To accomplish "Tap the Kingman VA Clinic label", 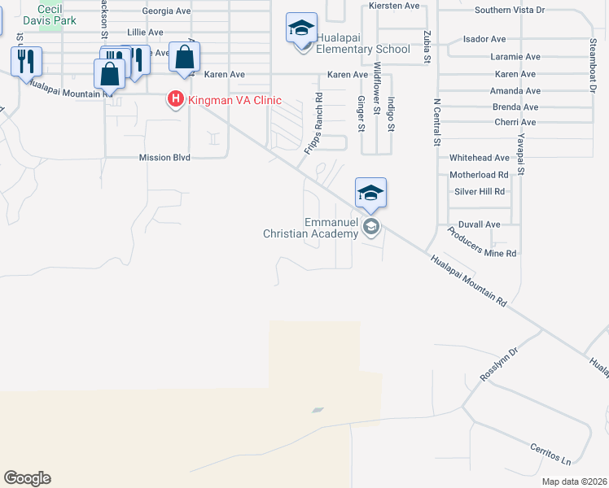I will coord(234,101).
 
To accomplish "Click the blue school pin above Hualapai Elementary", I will coord(301,30).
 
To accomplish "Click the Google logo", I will coord(27,478).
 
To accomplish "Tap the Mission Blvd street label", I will coord(164,158).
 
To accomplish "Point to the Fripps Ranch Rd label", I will coord(313,123).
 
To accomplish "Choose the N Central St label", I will coord(437,122).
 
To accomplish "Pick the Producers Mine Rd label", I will coord(482,243).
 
